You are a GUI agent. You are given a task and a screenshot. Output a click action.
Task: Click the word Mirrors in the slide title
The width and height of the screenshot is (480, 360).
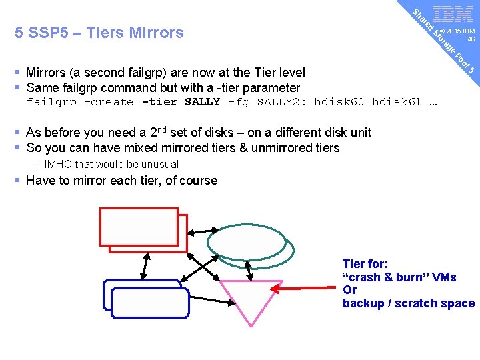click(x=155, y=33)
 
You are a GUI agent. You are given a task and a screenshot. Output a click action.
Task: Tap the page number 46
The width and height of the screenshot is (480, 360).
click(x=471, y=39)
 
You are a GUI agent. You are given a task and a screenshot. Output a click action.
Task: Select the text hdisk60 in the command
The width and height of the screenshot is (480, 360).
click(x=339, y=102)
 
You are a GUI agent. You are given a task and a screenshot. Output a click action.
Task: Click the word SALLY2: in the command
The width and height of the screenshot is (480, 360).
click(x=282, y=102)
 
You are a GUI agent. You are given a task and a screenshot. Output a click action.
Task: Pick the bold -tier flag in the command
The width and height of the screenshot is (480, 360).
click(x=160, y=102)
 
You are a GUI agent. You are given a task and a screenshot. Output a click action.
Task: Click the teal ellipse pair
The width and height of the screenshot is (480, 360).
click(x=249, y=245)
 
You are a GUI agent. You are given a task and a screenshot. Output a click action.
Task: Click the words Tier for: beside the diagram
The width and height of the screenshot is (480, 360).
click(x=365, y=264)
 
